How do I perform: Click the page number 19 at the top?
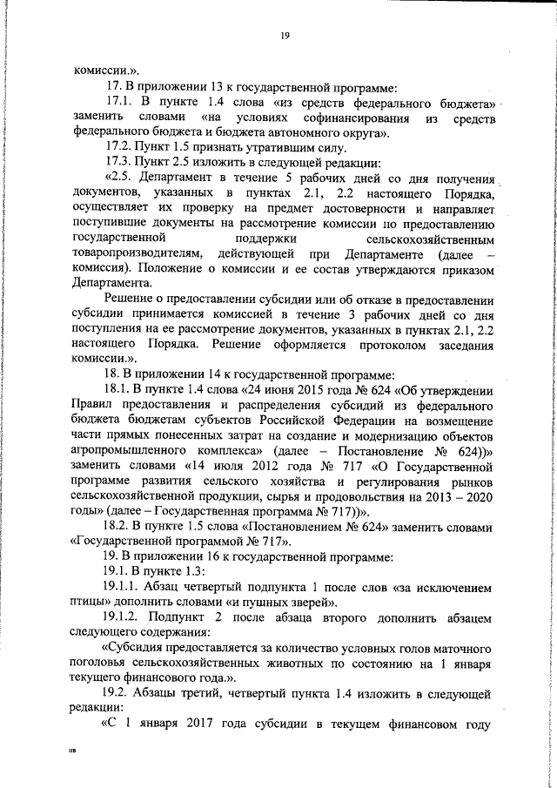(x=285, y=36)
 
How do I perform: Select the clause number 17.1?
(x=120, y=103)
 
